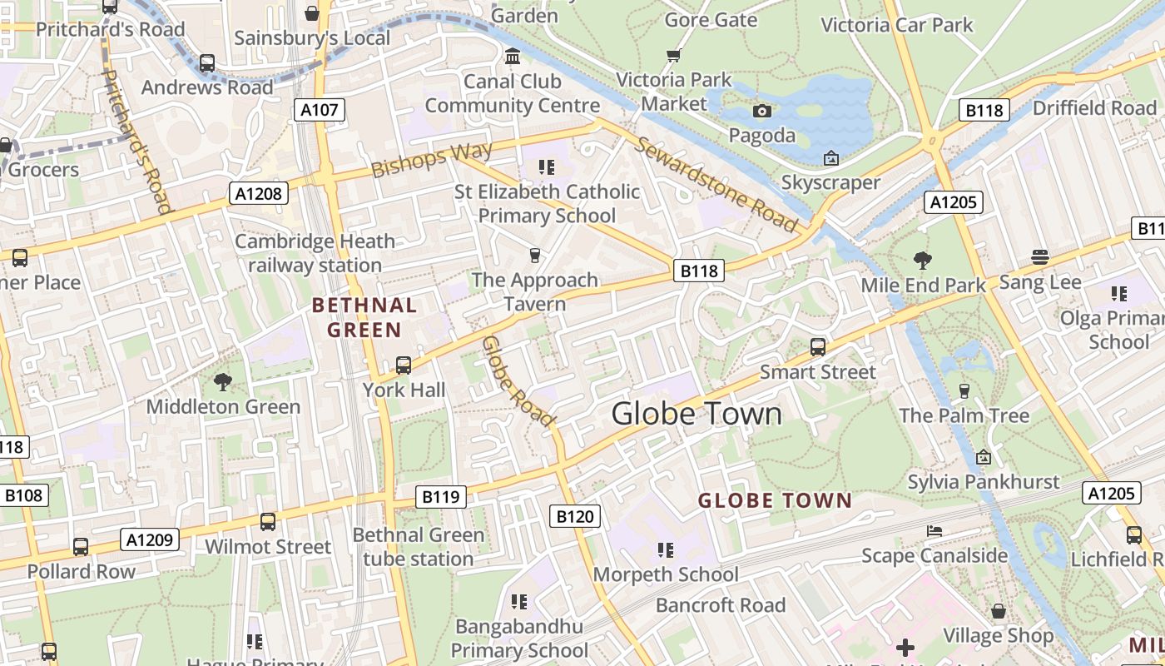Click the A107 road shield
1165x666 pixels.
point(320,110)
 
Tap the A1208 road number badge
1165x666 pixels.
point(258,194)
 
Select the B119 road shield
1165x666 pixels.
point(440,498)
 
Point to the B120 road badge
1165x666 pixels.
point(575,516)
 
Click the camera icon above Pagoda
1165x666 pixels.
point(761,111)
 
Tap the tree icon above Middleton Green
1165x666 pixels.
point(222,382)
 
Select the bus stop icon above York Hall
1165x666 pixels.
point(404,365)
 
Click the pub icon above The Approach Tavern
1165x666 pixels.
point(535,255)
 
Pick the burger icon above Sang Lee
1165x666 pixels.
point(1039,257)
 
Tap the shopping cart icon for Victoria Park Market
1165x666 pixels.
point(673,56)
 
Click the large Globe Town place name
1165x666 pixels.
point(697,414)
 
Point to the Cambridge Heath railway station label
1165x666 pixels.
point(315,253)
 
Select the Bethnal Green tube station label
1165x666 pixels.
point(418,547)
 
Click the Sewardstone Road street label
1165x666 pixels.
point(716,184)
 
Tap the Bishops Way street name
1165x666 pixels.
point(432,159)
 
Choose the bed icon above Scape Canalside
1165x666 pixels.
point(934,531)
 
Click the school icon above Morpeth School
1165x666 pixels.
point(665,549)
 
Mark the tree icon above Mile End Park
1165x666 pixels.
point(922,261)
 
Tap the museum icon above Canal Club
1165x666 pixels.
point(513,57)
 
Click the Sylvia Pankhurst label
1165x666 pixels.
point(984,482)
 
